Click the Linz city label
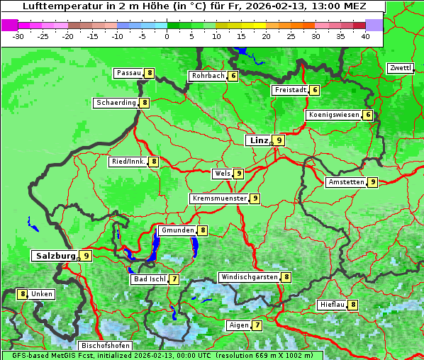click(259, 140)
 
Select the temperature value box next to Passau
click(150, 73)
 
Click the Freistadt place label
click(290, 90)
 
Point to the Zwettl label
click(400, 68)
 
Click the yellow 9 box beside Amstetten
click(373, 182)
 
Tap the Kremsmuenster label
click(219, 198)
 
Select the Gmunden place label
click(177, 230)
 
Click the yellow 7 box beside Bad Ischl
click(174, 279)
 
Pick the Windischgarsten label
click(249, 277)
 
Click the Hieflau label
click(332, 305)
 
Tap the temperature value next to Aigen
click(257, 325)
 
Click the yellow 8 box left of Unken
click(23, 294)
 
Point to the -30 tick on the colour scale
click(18, 35)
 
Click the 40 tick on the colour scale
click(365, 35)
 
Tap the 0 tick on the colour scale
click(167, 35)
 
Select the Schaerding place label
click(116, 103)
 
